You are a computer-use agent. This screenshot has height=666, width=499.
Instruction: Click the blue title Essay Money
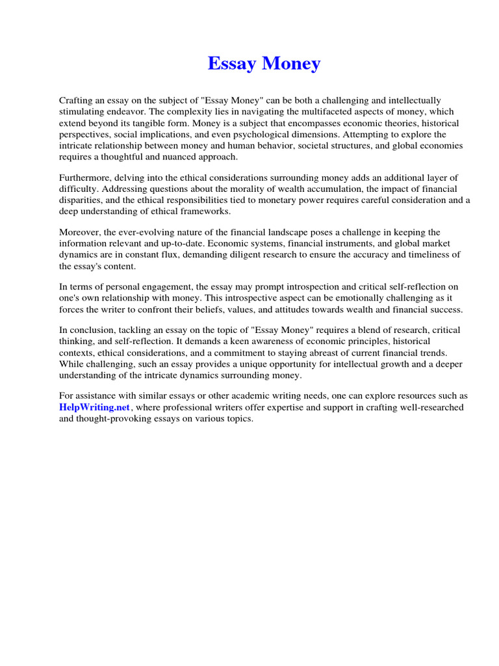click(x=264, y=64)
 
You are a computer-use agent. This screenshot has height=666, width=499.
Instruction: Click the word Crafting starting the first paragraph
click(x=77, y=100)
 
